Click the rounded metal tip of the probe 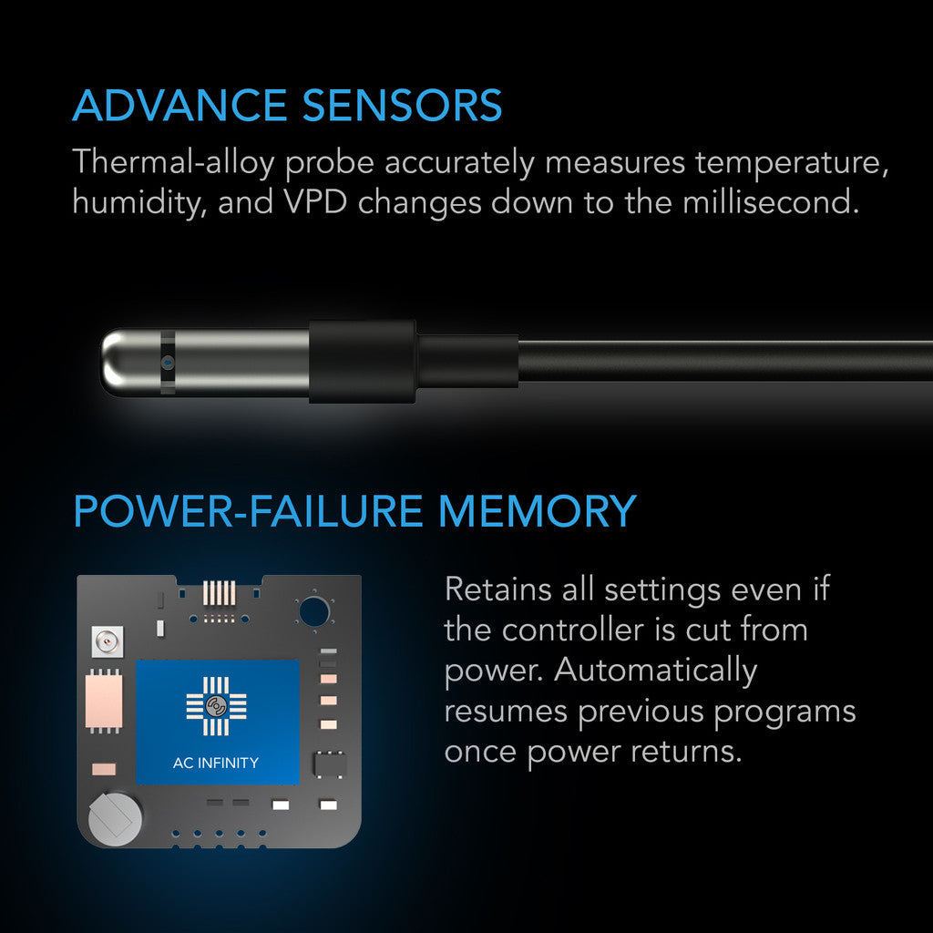pyautogui.click(x=118, y=362)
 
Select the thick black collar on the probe pyautogui.click(x=362, y=362)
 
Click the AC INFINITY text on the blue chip pyautogui.click(x=216, y=763)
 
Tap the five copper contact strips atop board pyautogui.click(x=216, y=593)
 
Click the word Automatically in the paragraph pyautogui.click(x=656, y=670)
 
